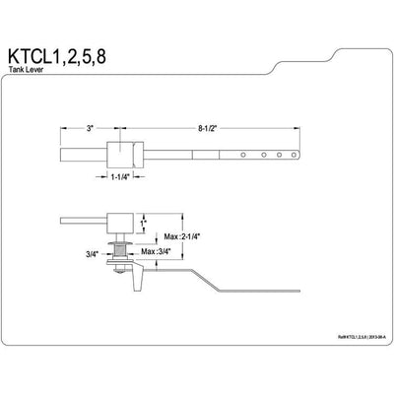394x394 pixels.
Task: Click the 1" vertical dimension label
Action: tap(142, 225)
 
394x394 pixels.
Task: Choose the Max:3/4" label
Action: tap(157, 253)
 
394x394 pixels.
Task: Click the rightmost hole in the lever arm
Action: tap(291, 155)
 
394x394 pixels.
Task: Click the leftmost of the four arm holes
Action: tap(246, 155)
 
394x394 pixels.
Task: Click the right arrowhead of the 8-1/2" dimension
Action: tap(298, 128)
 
